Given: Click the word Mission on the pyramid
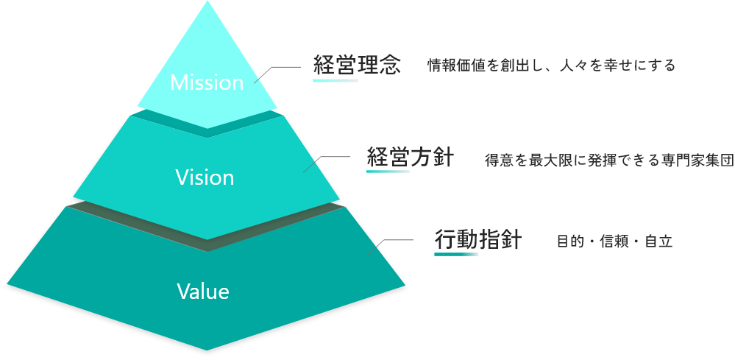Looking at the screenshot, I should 207,82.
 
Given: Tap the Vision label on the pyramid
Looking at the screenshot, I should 205,177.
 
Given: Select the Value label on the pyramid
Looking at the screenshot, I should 203,292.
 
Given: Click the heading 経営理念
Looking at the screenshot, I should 357,65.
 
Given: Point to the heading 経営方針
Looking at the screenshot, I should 410,158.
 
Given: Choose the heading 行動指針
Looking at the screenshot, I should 477,240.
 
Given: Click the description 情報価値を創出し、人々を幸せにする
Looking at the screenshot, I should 551,66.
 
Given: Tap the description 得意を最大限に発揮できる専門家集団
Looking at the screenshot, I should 609,160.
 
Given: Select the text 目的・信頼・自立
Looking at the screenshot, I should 614,241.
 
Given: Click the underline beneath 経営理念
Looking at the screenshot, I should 335,80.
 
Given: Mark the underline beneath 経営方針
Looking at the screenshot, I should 388,172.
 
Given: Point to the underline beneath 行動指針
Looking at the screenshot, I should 456,254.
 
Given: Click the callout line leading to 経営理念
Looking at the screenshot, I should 278,68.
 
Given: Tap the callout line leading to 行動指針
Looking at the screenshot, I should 395,240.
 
